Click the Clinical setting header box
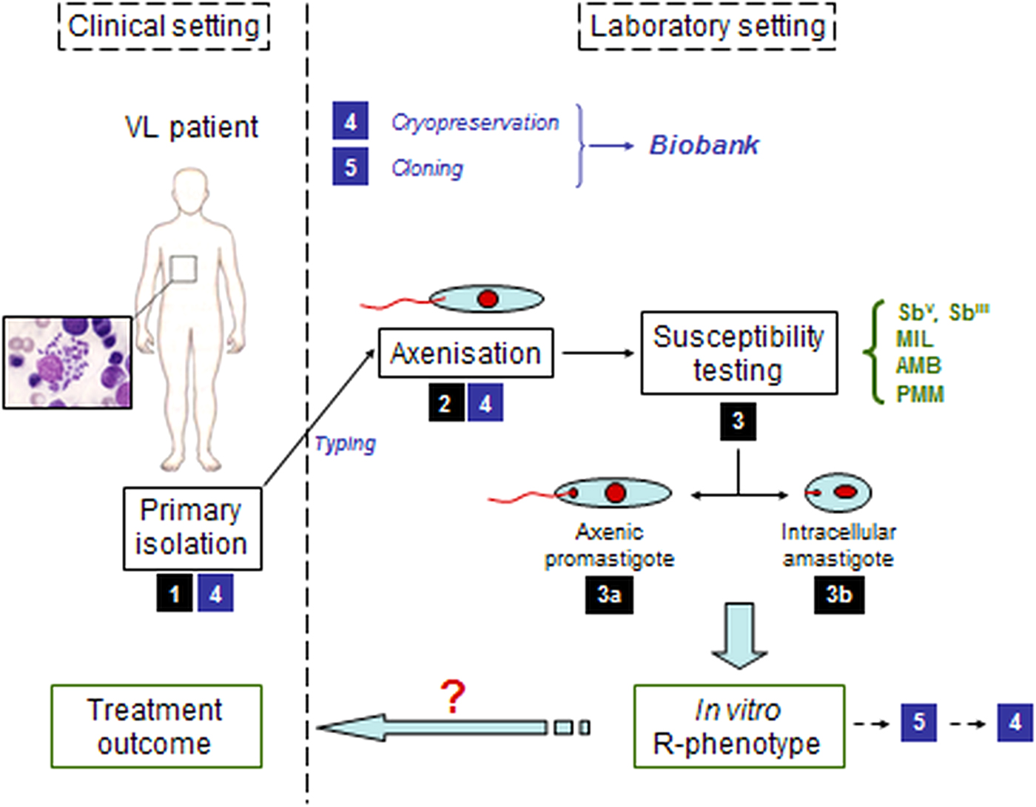click(x=164, y=27)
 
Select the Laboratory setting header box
click(x=707, y=27)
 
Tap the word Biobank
click(x=704, y=145)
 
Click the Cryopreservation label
click(x=475, y=122)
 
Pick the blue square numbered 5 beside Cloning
click(x=350, y=167)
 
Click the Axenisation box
click(x=465, y=354)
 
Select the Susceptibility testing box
click(x=739, y=353)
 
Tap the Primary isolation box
click(x=192, y=528)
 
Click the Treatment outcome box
click(x=156, y=726)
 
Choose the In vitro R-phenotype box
click(x=739, y=726)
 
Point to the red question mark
click(x=452, y=697)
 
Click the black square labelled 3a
click(x=609, y=594)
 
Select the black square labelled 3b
click(x=838, y=594)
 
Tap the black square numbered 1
click(x=175, y=593)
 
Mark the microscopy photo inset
click(x=68, y=362)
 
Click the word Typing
click(x=345, y=444)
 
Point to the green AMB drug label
click(x=918, y=366)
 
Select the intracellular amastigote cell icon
click(x=838, y=492)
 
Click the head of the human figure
click(x=191, y=190)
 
